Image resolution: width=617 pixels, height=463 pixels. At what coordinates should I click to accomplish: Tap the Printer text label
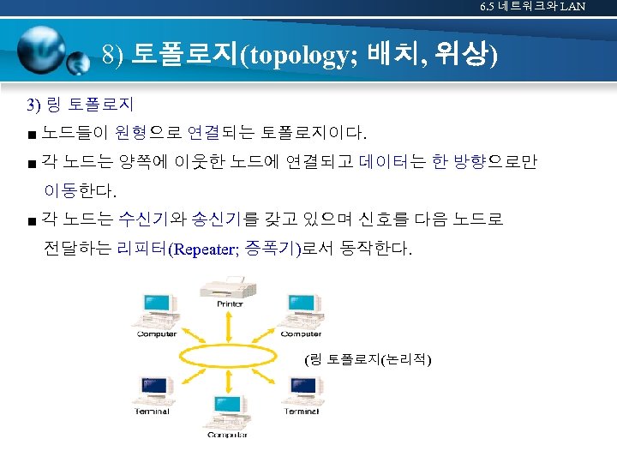229,304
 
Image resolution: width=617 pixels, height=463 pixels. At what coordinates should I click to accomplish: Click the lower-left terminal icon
153,389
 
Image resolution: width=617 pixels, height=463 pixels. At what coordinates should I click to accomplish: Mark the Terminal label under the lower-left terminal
152,412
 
